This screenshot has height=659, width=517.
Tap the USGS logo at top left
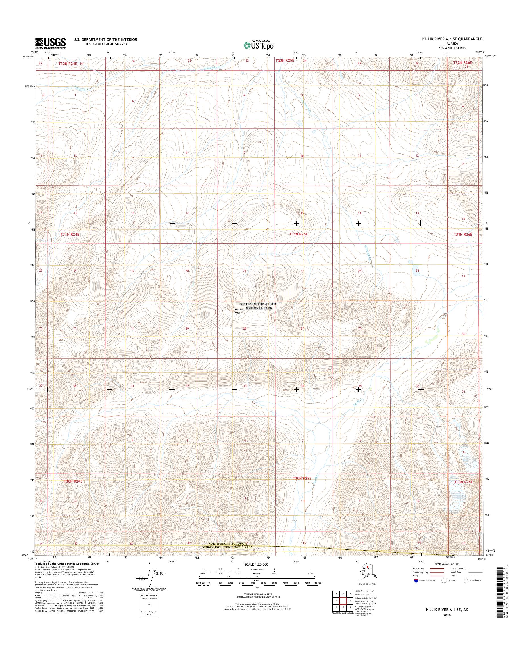pos(50,43)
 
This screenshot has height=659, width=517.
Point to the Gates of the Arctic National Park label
pos(259,306)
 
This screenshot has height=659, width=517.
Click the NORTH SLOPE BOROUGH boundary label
pos(230,544)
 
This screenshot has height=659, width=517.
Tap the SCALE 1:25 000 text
pos(256,565)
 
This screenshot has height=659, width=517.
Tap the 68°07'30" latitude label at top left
pos(30,56)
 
